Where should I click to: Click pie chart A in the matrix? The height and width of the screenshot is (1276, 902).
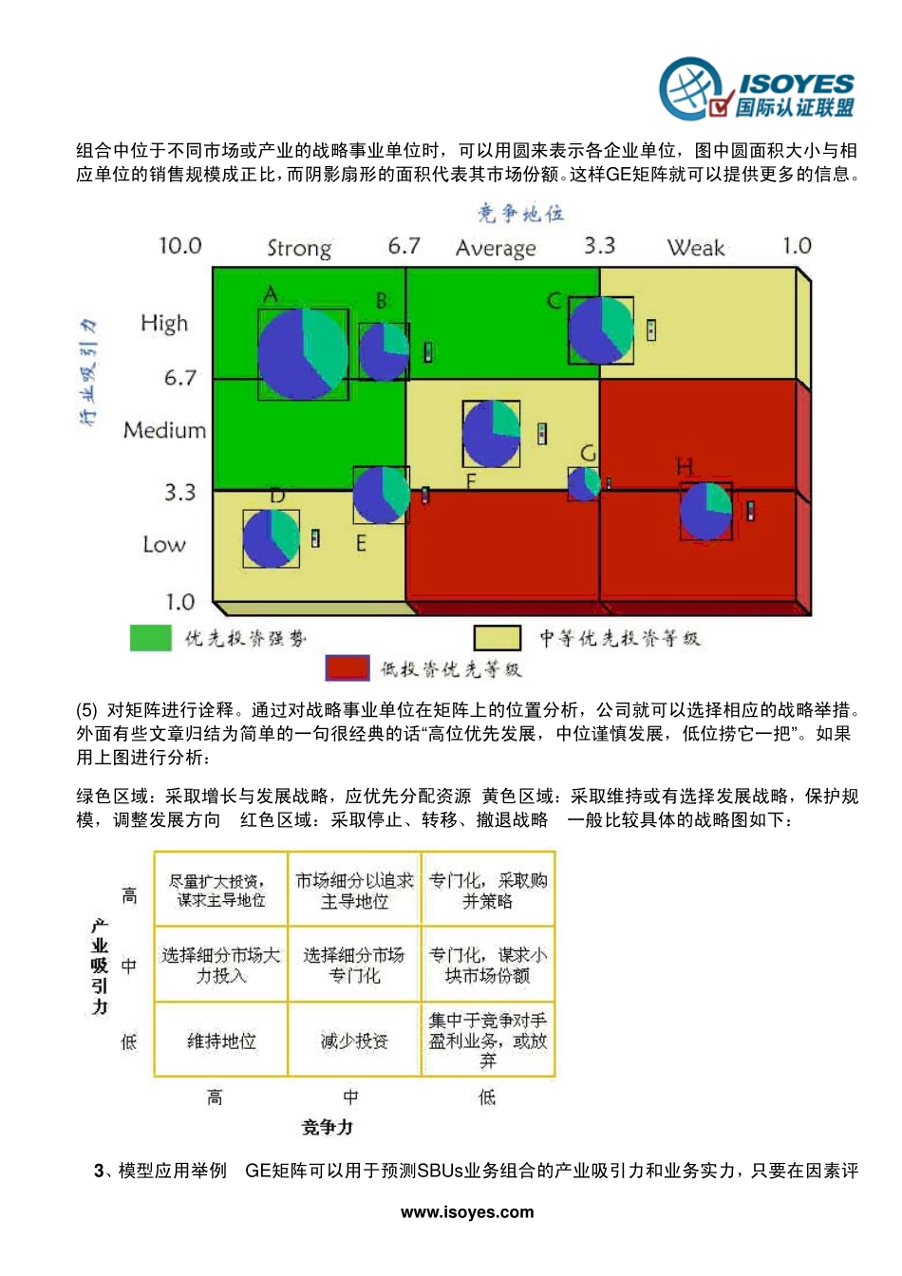coord(302,353)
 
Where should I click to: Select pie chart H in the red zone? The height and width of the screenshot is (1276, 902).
coord(705,511)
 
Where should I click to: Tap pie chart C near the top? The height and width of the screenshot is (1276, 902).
coord(600,329)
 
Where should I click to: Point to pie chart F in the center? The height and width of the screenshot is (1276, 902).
coord(491,433)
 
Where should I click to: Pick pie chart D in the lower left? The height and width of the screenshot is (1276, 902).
coord(271,538)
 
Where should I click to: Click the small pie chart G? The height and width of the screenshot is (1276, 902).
coord(584,483)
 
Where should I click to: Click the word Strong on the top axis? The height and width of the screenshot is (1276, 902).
coord(299,249)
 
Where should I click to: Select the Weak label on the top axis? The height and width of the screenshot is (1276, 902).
coord(696,249)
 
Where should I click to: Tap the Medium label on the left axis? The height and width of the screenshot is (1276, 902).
coord(164,430)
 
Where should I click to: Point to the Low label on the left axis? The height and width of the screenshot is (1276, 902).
coord(163,545)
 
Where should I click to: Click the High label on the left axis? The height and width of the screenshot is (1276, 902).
coord(164,324)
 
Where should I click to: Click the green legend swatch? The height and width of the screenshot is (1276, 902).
coord(150,638)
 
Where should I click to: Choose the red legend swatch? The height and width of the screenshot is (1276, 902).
coord(347,668)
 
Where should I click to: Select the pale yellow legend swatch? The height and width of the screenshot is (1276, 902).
coord(497,638)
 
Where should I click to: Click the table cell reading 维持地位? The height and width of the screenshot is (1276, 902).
coord(221,1041)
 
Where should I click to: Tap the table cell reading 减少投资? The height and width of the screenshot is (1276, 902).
coord(354,1041)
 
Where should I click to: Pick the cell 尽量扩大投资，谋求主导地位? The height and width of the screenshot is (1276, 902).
coord(221,891)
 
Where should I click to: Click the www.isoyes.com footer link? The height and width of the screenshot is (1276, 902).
coord(467,1212)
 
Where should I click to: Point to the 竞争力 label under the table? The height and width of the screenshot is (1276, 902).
coord(328,1127)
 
